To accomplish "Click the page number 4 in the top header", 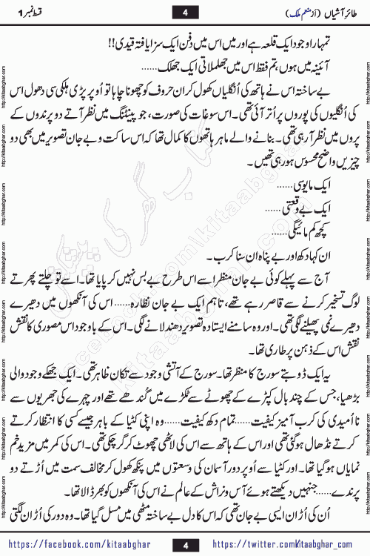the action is point(185,11).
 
